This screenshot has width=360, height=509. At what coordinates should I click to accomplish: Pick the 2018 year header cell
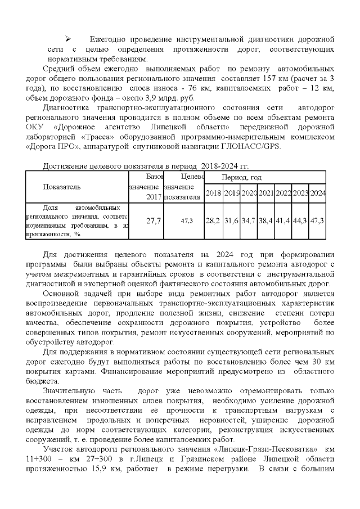pyautogui.click(x=213, y=193)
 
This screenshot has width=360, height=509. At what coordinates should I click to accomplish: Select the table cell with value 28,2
pyautogui.click(x=213, y=220)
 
